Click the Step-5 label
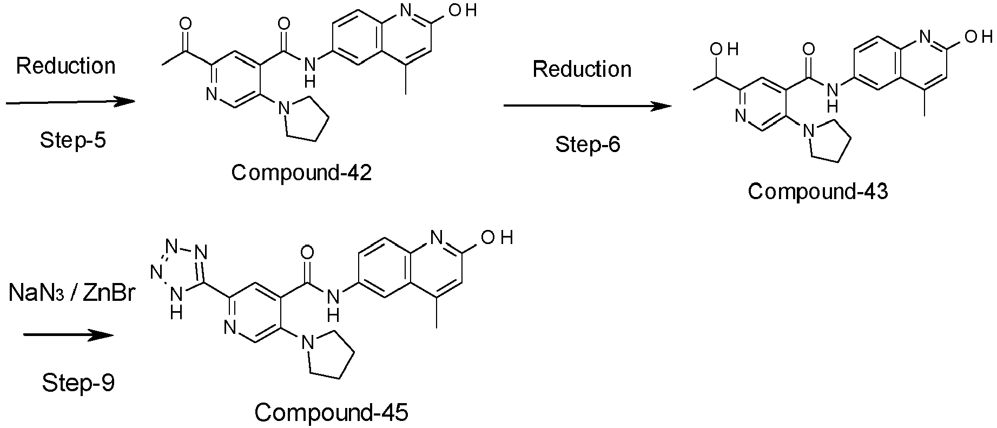(72, 140)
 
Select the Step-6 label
(587, 144)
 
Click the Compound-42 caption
(301, 173)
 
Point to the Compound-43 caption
(818, 192)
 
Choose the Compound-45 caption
(331, 413)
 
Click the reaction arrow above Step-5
(70, 102)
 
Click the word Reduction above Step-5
(66, 66)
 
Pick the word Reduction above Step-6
(582, 69)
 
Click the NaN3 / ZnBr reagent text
(71, 294)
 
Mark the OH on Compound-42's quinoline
(464, 10)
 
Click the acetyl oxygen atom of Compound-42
(186, 24)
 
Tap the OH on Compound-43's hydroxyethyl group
(723, 50)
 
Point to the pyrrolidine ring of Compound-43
(826, 140)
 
